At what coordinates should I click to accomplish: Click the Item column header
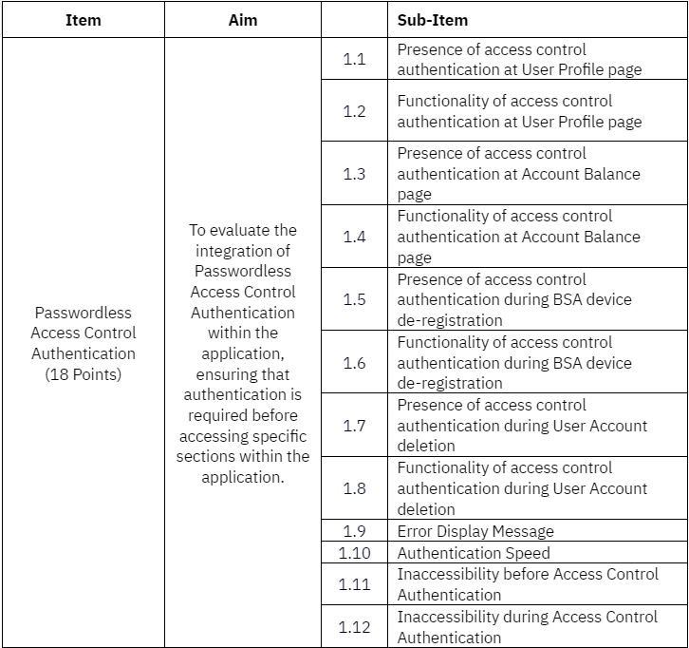point(84,20)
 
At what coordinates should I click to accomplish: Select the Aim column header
point(243,20)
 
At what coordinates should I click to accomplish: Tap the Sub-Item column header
point(432,20)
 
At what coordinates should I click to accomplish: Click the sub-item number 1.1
point(354,59)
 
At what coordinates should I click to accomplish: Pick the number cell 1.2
point(354,111)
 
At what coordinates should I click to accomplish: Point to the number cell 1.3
point(354,174)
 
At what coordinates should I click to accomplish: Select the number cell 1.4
point(354,237)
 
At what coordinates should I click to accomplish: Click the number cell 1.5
point(354,299)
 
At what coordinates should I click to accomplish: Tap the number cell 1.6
point(354,363)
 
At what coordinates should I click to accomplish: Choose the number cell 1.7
point(354,426)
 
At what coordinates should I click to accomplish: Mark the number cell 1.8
point(354,488)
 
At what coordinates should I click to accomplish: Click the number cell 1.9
point(354,531)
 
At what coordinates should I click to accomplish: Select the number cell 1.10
point(354,553)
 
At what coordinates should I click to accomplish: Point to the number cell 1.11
point(354,584)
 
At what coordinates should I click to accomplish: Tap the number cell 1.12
point(354,627)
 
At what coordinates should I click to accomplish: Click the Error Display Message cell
point(475,531)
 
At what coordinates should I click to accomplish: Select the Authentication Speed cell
point(474,553)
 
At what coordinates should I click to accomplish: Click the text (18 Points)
point(84,374)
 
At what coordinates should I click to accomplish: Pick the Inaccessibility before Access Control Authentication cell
point(528,584)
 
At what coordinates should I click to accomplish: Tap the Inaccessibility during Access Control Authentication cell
point(528,627)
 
